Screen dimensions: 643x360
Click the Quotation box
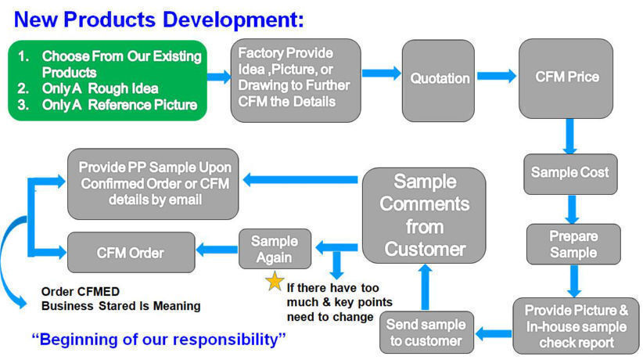438,81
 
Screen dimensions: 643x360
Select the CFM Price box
566,78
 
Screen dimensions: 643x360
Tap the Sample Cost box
570,174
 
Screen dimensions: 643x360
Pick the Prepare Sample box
573,244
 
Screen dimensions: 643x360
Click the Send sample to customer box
426,333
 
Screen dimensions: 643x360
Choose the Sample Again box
275,249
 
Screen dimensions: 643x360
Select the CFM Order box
131,253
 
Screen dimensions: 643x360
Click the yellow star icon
275,281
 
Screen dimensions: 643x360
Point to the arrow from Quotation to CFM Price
497,76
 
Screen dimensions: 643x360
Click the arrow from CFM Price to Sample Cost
569,136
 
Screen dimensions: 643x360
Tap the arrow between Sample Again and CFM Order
217,249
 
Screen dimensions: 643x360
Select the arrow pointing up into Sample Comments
426,287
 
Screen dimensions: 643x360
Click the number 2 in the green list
23,88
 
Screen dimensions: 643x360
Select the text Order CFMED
81,291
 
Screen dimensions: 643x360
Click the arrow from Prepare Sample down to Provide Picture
574,281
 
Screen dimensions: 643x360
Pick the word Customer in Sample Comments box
425,249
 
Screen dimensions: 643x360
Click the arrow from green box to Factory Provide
219,77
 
